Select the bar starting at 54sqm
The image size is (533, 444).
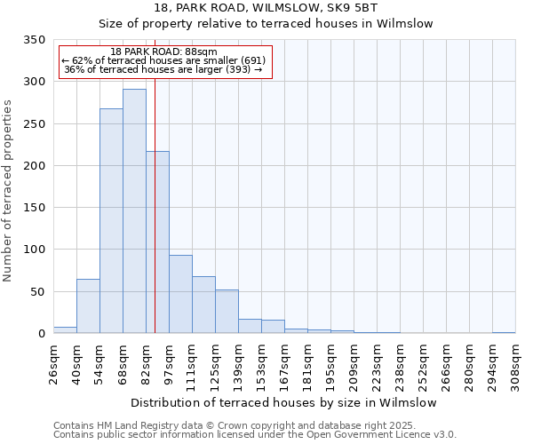(111, 221)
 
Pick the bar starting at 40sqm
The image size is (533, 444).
(88, 306)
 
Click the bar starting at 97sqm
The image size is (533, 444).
(180, 294)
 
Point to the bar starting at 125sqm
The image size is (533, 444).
(227, 312)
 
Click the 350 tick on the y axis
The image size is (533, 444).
(35, 40)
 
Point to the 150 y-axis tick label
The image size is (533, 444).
(35, 208)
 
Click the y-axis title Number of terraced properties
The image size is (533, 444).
(9, 191)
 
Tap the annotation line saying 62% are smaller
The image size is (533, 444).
(163, 60)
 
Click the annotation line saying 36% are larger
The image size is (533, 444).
(163, 70)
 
